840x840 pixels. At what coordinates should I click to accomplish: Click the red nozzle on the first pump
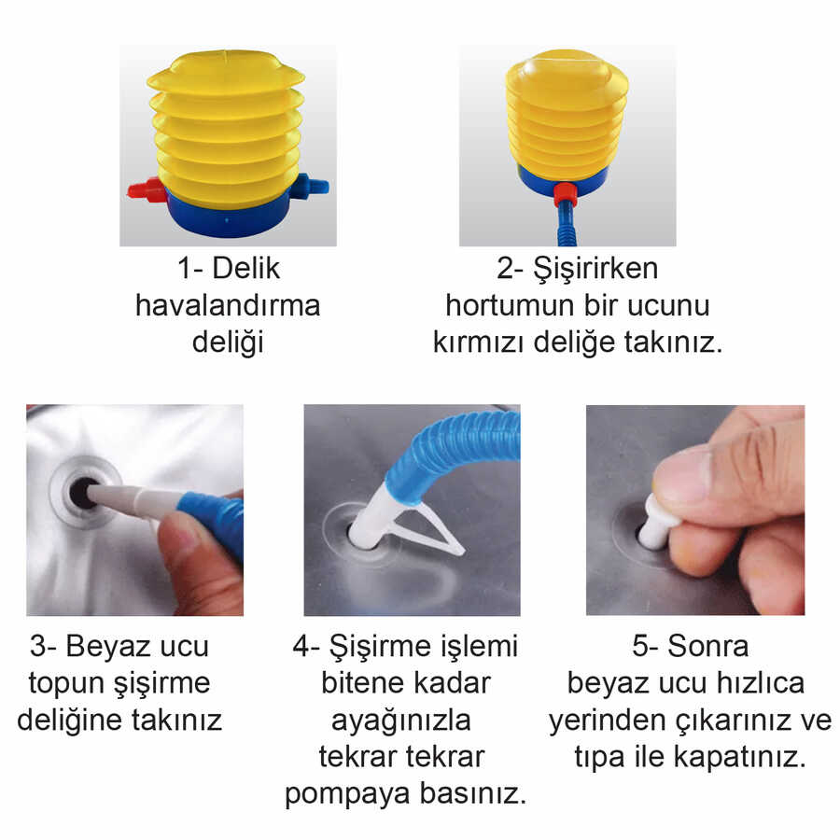(147, 190)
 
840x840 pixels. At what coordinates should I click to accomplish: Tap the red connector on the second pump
(565, 194)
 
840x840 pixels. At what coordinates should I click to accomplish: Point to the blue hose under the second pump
(565, 226)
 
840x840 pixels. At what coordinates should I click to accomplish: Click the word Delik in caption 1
(245, 268)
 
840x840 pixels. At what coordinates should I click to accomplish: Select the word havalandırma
(228, 305)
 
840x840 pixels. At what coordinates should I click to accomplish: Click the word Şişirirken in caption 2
(595, 269)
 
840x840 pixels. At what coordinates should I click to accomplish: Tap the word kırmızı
(479, 342)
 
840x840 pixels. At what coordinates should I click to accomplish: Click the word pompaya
(348, 795)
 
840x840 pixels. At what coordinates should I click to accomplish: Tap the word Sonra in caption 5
(707, 646)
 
